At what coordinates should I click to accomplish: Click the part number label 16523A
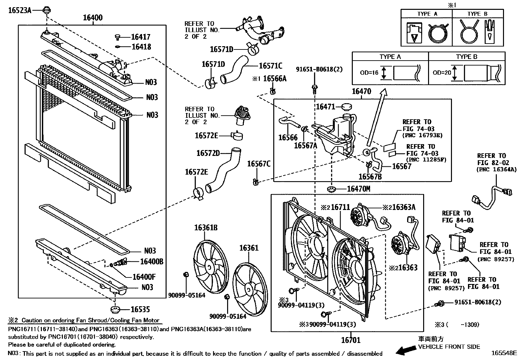coord(20,10)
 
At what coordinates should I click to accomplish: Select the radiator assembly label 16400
coord(92,18)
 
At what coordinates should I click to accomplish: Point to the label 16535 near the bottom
coord(140,310)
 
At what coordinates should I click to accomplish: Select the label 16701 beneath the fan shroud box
coord(351,340)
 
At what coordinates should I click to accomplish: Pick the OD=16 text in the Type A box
coord(369,73)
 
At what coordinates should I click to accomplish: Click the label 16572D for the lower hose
coord(208,153)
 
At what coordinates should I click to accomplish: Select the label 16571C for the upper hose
coord(270,66)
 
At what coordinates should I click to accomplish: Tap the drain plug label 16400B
coord(152,261)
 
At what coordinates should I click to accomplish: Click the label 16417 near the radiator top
coord(141,37)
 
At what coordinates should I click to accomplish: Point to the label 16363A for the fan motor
coord(404,207)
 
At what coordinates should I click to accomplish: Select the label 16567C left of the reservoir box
coord(259,164)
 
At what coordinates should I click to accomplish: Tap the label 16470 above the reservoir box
coord(361,91)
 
